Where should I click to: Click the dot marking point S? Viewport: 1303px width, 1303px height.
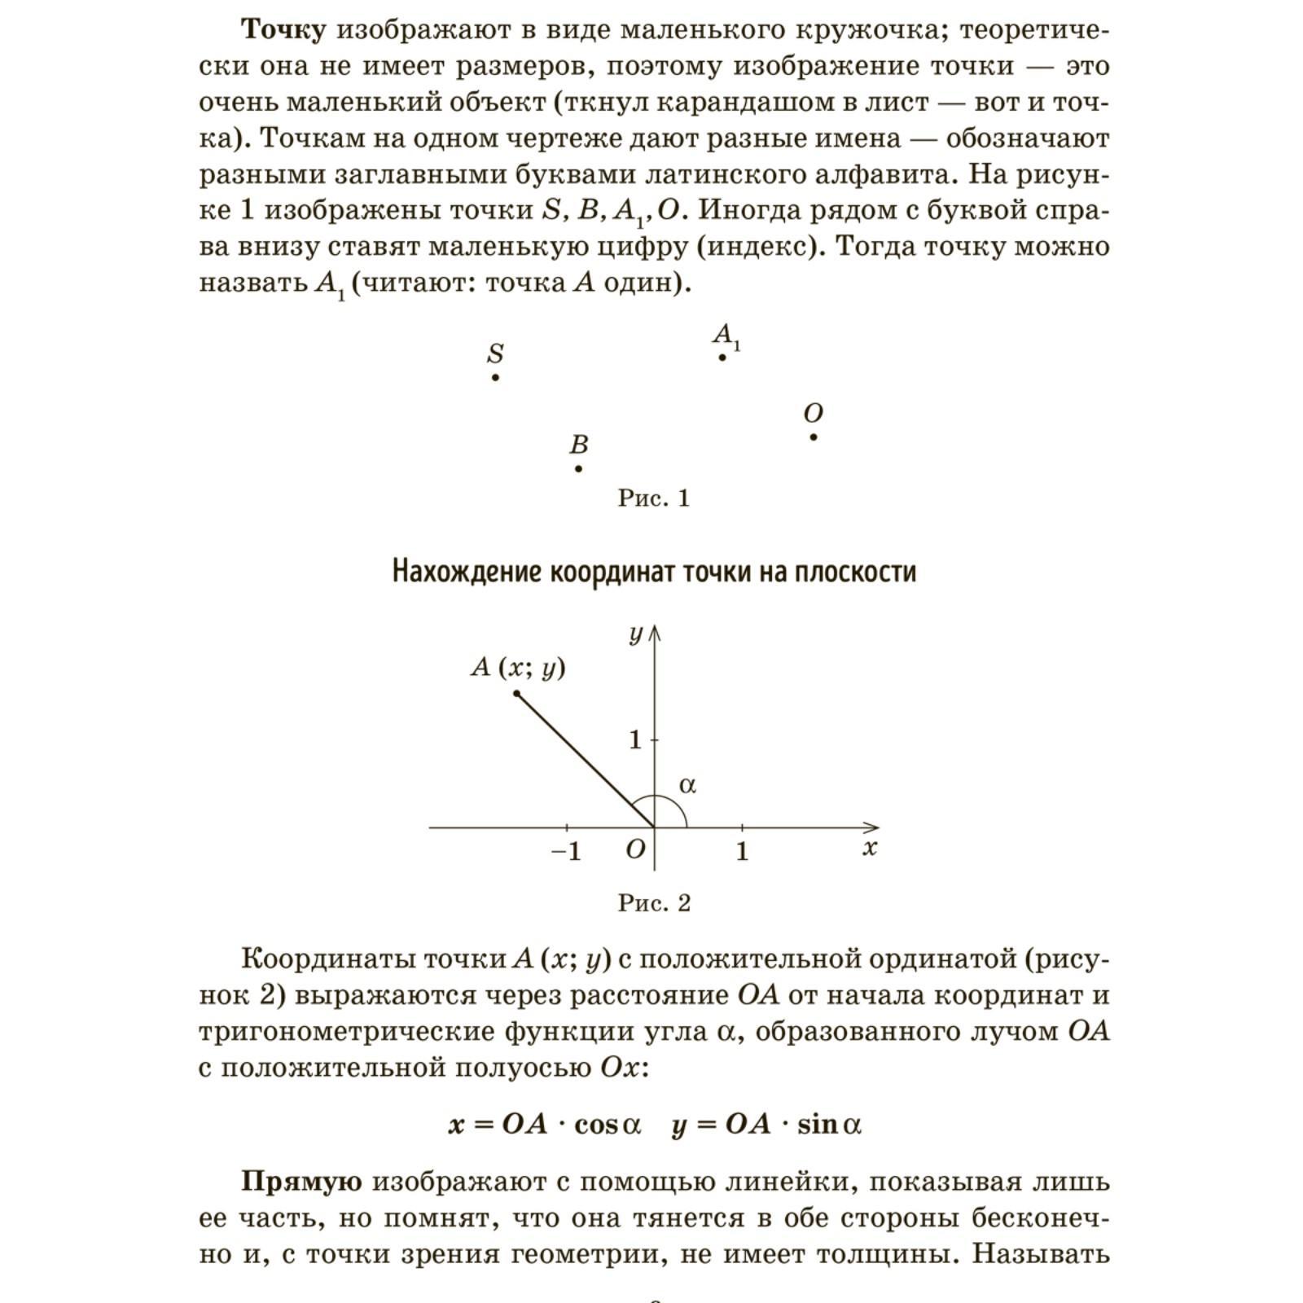495,378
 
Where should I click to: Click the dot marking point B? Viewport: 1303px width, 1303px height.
578,468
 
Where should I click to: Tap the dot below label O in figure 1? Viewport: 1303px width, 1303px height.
814,437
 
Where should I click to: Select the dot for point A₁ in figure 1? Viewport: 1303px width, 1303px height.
722,358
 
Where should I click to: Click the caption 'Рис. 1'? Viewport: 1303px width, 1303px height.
653,498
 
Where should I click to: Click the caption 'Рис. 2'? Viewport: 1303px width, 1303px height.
654,902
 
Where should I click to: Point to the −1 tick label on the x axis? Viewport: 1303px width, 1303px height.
566,851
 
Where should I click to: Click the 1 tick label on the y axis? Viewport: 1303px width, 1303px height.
635,739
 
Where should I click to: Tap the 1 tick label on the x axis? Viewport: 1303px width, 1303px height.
741,851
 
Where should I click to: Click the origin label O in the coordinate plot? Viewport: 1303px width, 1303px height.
635,849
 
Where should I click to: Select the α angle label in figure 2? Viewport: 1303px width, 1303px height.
687,785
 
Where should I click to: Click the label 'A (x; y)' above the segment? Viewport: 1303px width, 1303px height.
518,668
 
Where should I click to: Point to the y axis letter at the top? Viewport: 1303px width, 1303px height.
636,634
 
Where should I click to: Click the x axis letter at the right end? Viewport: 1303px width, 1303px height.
870,848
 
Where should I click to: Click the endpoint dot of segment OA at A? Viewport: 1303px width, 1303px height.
516,693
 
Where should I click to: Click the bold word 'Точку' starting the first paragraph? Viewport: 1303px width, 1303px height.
284,30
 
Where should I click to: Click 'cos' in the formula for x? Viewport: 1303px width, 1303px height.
596,1125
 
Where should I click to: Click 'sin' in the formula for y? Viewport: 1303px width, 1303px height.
818,1125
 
